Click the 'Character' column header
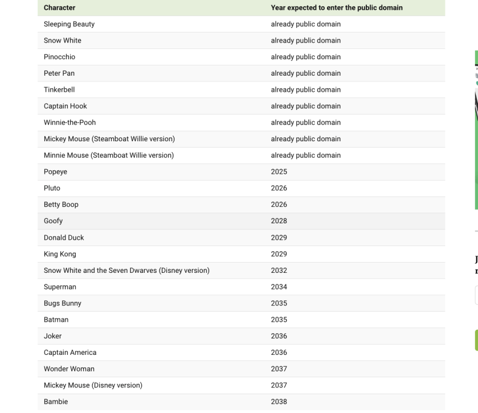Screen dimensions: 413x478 [59, 8]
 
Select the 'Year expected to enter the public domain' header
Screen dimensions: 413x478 [337, 8]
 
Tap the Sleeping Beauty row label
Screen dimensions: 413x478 [69, 24]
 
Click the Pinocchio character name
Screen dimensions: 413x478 [59, 57]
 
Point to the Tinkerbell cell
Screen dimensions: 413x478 [59, 90]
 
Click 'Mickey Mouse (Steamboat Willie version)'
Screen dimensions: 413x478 [109, 139]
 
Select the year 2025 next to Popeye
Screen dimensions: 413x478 [279, 172]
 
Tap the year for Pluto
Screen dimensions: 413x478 [279, 189]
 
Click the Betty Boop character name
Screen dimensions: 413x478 [61, 205]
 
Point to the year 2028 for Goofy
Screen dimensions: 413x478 [279, 221]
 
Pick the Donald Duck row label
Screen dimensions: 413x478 [64, 238]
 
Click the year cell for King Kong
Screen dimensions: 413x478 [279, 254]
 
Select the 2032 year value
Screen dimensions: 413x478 [279, 271]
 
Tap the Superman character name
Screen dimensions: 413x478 [60, 287]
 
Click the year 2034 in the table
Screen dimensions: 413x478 [279, 287]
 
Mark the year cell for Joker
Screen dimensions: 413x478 [279, 336]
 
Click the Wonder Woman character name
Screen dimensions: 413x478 [69, 369]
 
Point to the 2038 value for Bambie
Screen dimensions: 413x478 [279, 402]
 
